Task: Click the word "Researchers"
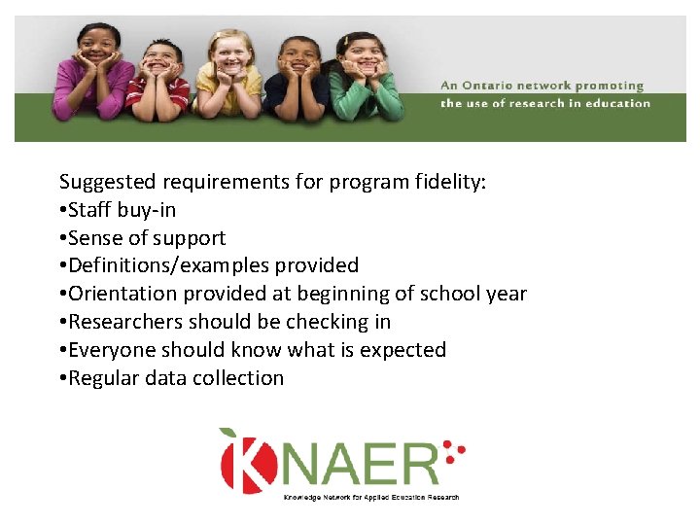pyautogui.click(x=125, y=322)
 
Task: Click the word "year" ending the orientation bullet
pyautogui.click(x=506, y=294)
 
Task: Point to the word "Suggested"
pyautogui.click(x=108, y=182)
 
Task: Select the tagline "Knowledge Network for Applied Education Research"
pyautogui.click(x=370, y=498)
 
